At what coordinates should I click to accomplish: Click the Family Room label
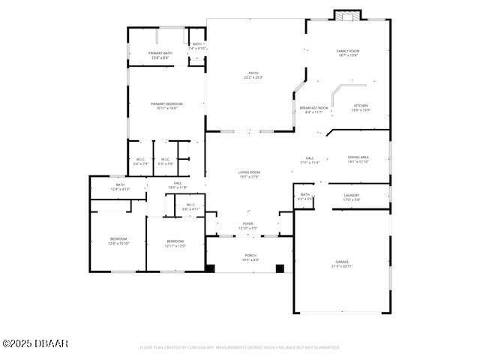click(348, 52)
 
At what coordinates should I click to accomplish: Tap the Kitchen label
click(361, 108)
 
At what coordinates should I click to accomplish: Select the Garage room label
click(341, 264)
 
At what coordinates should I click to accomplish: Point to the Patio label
click(253, 75)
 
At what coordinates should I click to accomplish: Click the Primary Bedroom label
click(166, 106)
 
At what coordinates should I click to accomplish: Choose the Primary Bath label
click(161, 55)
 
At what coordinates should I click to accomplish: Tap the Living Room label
click(249, 174)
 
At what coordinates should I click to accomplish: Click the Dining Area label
click(358, 159)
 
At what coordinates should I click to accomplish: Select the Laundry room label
click(352, 197)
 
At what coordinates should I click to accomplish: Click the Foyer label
click(247, 226)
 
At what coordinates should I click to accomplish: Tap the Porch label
click(250, 257)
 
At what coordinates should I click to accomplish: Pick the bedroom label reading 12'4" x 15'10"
click(118, 241)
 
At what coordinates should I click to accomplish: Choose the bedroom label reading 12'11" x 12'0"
click(175, 243)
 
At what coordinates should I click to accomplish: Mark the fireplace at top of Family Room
click(346, 16)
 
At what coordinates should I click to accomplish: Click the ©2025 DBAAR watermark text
click(35, 343)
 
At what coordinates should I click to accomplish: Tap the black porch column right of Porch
click(280, 268)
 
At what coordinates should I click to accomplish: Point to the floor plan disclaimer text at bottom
click(240, 347)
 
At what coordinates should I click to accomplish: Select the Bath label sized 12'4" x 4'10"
click(120, 187)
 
